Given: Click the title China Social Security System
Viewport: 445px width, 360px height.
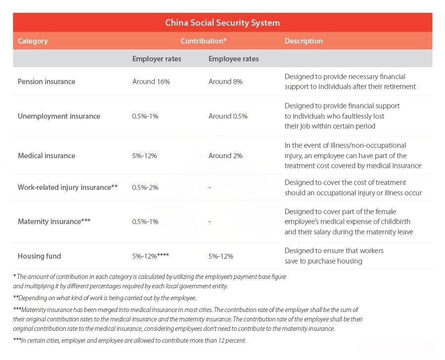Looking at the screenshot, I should click(222, 23).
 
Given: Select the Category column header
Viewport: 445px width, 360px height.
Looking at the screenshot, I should click(33, 41).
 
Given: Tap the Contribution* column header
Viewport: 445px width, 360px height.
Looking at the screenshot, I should click(203, 41).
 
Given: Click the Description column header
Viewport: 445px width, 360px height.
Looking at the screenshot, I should click(303, 41).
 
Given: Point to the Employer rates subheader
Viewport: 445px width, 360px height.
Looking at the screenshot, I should click(156, 59).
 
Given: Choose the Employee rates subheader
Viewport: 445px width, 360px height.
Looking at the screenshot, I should click(233, 59).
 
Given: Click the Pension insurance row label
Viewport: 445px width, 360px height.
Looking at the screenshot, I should click(46, 82).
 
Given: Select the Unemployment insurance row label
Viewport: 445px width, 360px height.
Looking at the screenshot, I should click(59, 116).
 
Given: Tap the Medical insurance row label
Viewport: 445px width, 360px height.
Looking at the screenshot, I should click(46, 156).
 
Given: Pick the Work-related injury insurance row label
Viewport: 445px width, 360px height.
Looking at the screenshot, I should click(67, 187).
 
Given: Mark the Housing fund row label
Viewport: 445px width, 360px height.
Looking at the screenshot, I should click(39, 256).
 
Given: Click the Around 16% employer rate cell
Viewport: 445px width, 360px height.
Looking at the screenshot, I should click(151, 82).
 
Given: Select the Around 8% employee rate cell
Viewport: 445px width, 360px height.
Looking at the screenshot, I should click(225, 82).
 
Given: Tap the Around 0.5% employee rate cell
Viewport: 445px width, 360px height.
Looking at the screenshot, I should click(228, 116).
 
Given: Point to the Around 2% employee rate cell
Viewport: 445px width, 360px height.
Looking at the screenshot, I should click(225, 156).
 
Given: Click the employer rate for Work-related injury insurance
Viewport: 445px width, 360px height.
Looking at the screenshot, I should click(145, 187).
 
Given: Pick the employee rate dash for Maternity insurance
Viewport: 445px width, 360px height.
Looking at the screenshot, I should click(210, 222).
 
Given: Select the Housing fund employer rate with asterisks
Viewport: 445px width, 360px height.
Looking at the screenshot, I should click(151, 256).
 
